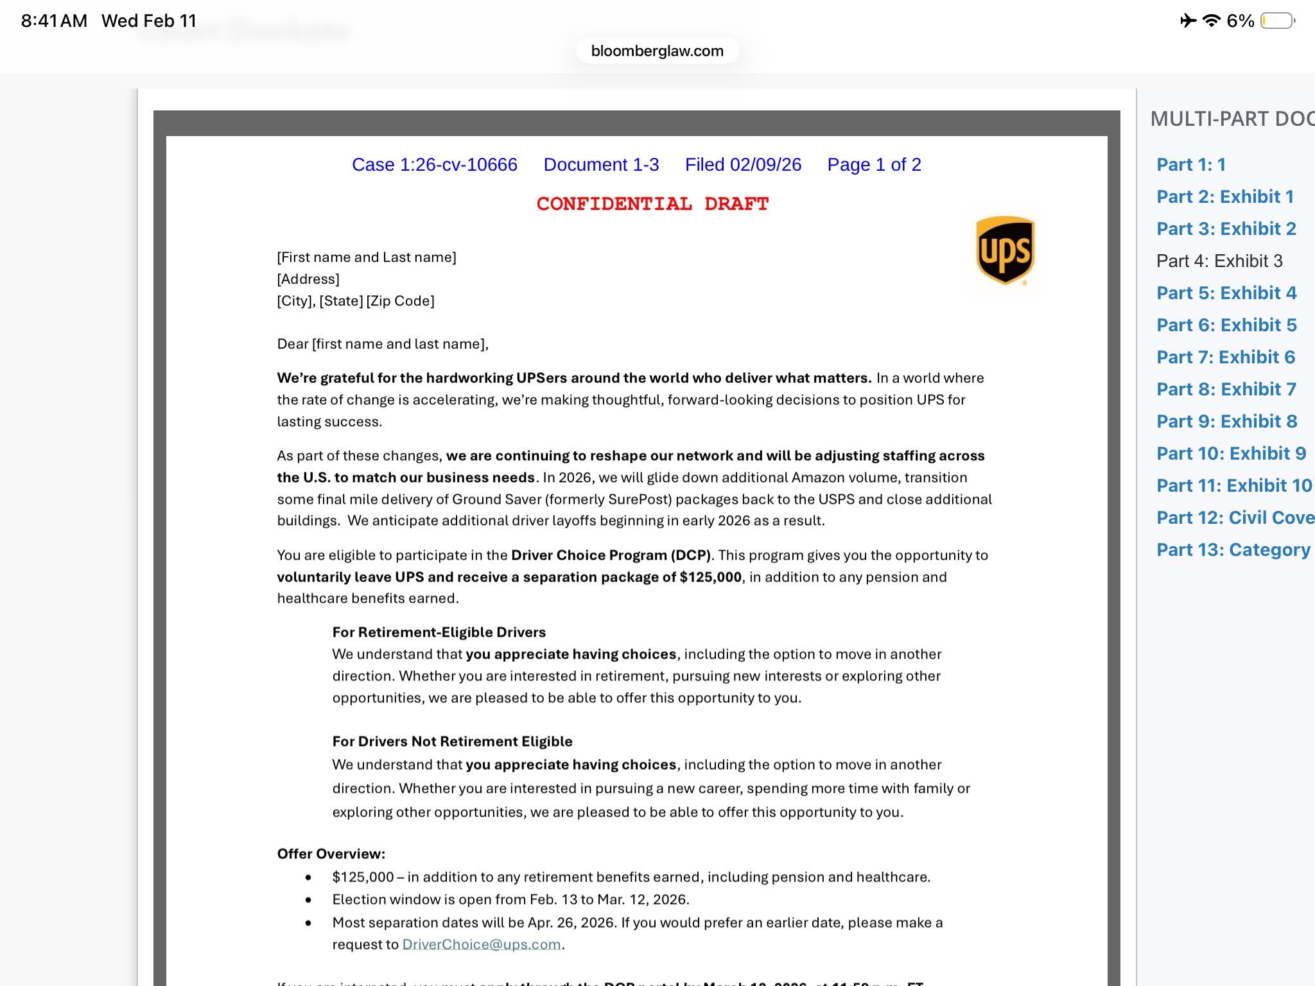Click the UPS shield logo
click(1005, 250)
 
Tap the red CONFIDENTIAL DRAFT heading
click(652, 204)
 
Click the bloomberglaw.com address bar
click(657, 51)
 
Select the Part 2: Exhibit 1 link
click(1224, 196)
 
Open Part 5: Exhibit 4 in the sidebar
click(1226, 293)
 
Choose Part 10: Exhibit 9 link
click(1231, 453)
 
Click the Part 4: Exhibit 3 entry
click(1219, 261)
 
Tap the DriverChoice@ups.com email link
click(482, 944)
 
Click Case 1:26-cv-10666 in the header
click(434, 165)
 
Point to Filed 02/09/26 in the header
click(743, 165)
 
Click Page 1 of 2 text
click(874, 165)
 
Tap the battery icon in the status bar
click(1277, 21)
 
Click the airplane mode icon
click(1188, 21)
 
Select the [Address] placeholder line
click(308, 279)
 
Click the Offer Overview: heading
click(331, 854)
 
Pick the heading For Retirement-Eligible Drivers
click(439, 632)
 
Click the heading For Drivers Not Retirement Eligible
click(452, 741)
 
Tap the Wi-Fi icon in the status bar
click(1211, 21)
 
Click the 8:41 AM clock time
click(54, 21)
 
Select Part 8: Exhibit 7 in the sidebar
click(1226, 389)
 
